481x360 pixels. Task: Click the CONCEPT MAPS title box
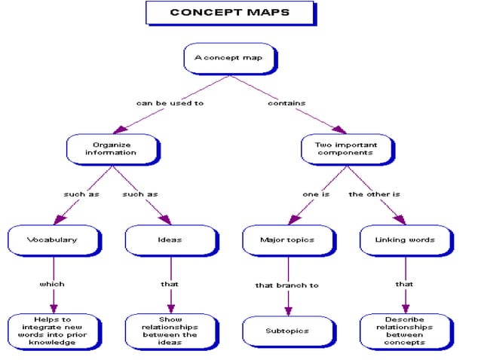[229, 13]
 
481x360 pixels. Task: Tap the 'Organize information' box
[112, 148]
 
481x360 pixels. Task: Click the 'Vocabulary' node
[53, 240]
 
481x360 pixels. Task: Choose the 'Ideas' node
[170, 240]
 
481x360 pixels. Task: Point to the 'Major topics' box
[287, 240]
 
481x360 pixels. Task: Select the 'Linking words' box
[405, 240]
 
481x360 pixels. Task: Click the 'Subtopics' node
[287, 331]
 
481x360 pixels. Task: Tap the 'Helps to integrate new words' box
[53, 331]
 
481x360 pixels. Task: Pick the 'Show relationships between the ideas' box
[170, 331]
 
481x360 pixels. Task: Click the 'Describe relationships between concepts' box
[405, 331]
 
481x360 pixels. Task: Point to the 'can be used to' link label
[170, 103]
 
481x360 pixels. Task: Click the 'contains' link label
[286, 103]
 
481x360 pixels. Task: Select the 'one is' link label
[316, 194]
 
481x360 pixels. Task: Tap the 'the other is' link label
[374, 194]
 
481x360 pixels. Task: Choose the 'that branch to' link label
[286, 285]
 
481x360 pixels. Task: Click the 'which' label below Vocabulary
[52, 285]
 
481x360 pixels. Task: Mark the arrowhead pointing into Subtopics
[288, 311]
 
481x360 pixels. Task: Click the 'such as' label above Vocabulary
[81, 194]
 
